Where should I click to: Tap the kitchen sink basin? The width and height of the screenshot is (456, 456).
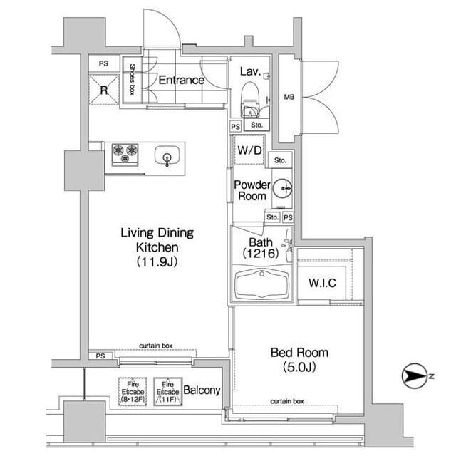coord(167,156)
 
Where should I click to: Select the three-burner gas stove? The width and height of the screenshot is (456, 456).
coord(125,155)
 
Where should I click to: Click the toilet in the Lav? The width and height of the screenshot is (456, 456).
coord(250,99)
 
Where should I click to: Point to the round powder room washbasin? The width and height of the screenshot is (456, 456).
coord(282,188)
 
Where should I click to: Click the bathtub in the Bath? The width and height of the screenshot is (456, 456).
coord(262,284)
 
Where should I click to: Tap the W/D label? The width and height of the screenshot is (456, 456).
coord(249,150)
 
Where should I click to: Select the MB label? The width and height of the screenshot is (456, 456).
coord(289,97)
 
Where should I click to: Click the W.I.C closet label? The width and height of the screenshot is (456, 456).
coord(322,283)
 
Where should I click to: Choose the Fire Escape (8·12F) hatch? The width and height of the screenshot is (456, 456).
coord(133,392)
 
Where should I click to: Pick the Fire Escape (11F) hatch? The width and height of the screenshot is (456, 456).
coord(168,392)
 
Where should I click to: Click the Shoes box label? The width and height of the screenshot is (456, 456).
coord(132,79)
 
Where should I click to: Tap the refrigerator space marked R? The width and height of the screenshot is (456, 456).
coord(104,90)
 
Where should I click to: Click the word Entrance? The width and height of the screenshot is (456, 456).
coord(182,80)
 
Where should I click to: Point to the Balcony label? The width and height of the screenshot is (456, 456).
coord(202,390)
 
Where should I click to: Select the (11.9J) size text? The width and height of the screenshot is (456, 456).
coord(157,261)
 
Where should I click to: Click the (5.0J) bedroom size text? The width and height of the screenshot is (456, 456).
coord(299,367)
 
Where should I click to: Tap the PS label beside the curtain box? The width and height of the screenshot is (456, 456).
coord(100,356)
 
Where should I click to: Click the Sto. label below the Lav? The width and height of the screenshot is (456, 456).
coord(256,125)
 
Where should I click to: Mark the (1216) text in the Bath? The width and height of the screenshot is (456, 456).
coord(261,254)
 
